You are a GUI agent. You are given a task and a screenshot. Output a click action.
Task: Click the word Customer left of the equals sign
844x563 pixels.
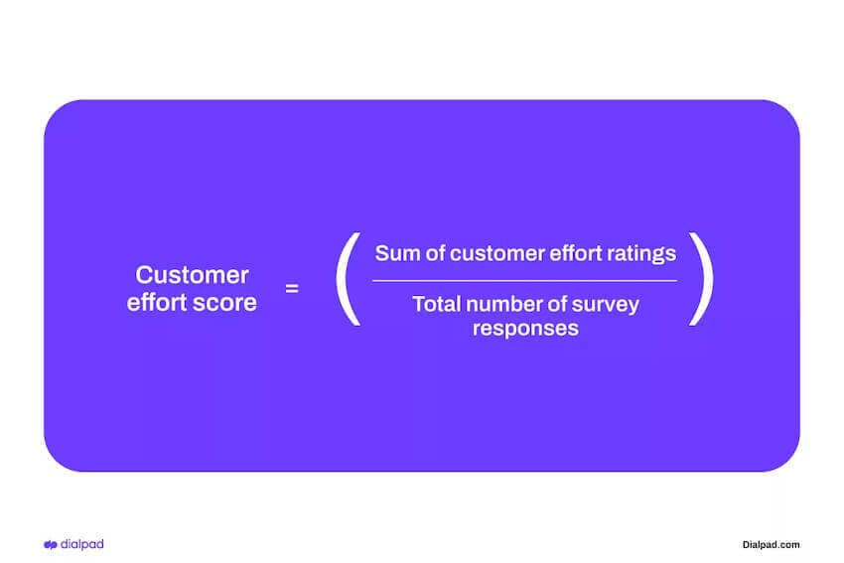click(192, 275)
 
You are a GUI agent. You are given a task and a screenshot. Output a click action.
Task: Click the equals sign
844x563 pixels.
click(292, 289)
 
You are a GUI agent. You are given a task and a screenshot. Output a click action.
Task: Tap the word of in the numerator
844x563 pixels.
click(434, 253)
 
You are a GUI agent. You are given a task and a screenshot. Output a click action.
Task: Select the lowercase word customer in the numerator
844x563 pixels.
click(493, 253)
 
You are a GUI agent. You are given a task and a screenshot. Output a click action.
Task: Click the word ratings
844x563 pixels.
click(643, 253)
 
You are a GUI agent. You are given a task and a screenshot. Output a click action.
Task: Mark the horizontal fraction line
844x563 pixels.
click(524, 281)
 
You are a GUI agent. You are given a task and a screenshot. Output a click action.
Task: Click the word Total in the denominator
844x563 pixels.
click(437, 304)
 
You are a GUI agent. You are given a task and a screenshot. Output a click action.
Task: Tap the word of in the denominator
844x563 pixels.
click(560, 304)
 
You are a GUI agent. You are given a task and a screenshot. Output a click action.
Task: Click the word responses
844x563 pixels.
click(525, 329)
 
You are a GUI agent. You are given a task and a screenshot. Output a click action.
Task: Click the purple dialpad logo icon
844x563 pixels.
click(51, 544)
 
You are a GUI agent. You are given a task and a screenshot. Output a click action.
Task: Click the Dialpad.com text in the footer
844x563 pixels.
click(771, 544)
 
